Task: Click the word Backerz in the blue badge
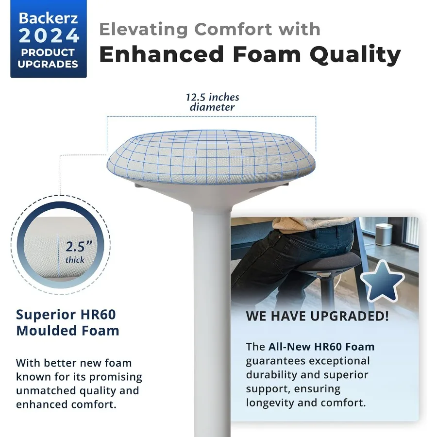(48, 18)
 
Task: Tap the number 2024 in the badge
(49, 36)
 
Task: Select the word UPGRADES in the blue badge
(48, 64)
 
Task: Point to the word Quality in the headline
(355, 54)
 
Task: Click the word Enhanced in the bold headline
(162, 54)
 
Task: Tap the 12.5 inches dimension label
(212, 97)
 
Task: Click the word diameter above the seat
(212, 107)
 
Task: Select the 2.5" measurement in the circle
(79, 246)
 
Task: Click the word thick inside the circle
(75, 260)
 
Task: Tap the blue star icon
(382, 282)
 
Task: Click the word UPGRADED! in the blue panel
(349, 316)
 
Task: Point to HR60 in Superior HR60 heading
(98, 315)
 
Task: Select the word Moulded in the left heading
(47, 331)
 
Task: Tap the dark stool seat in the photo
(329, 261)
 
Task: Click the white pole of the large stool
(212, 320)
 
